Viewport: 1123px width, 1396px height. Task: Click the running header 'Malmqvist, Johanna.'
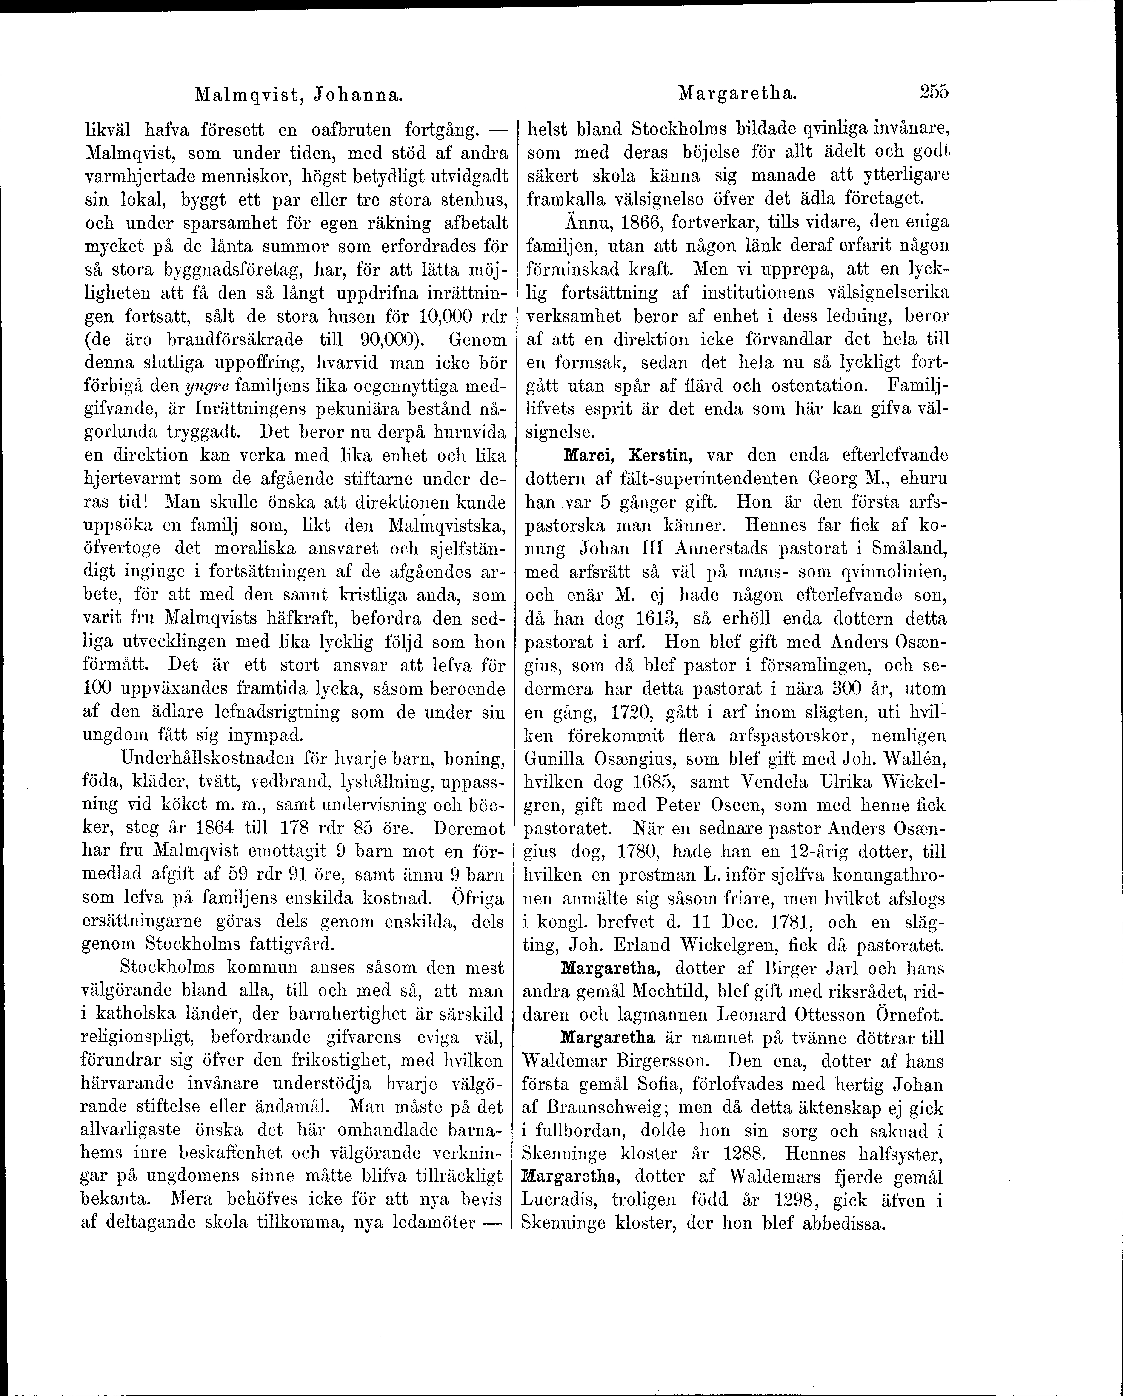tap(299, 95)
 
